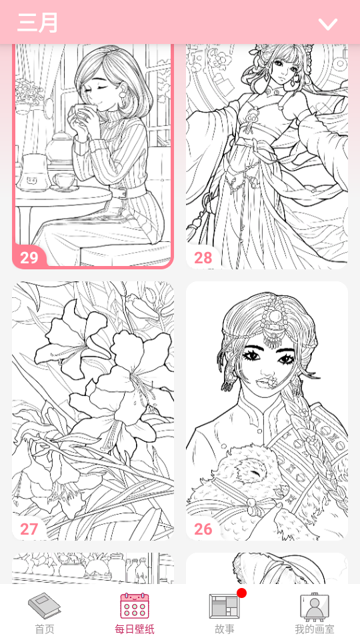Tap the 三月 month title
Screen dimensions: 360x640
37,23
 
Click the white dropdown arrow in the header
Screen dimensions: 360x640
328,24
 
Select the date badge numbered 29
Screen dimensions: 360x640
29,257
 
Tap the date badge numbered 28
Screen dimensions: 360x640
203,257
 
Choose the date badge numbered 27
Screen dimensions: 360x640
29,529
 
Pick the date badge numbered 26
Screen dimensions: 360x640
203,529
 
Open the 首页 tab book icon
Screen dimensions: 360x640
45,606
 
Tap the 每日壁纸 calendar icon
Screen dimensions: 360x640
135,606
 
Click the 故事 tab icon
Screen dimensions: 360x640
225,607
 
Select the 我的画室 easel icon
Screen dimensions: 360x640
315,606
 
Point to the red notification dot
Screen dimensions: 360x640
241,593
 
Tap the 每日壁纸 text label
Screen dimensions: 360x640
135,629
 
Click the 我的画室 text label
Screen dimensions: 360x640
315,629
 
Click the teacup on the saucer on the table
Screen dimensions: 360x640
63,180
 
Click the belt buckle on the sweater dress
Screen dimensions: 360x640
121,192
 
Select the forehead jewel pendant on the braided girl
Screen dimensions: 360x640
270,327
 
